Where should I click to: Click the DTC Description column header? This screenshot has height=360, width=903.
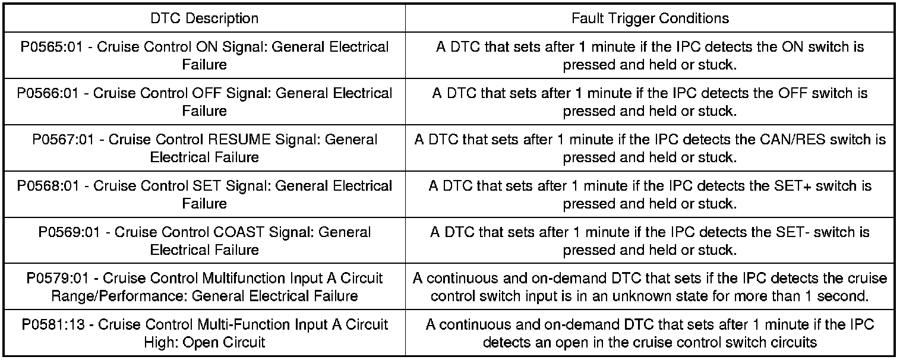pos(204,18)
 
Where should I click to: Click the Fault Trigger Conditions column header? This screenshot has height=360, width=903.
pos(650,18)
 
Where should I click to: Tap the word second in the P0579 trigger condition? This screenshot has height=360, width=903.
pos(848,296)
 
